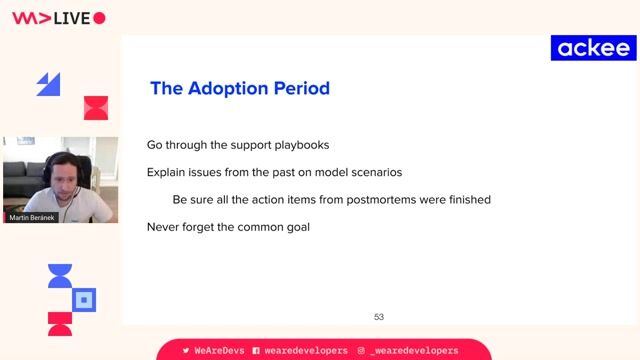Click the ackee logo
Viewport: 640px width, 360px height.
[x=593, y=48]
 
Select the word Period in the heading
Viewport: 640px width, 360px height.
[x=302, y=88]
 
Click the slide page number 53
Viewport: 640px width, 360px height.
[x=379, y=317]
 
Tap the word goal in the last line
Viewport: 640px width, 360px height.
[x=295, y=227]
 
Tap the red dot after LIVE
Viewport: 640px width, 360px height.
[x=99, y=18]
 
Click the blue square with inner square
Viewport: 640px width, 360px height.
[x=86, y=299]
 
